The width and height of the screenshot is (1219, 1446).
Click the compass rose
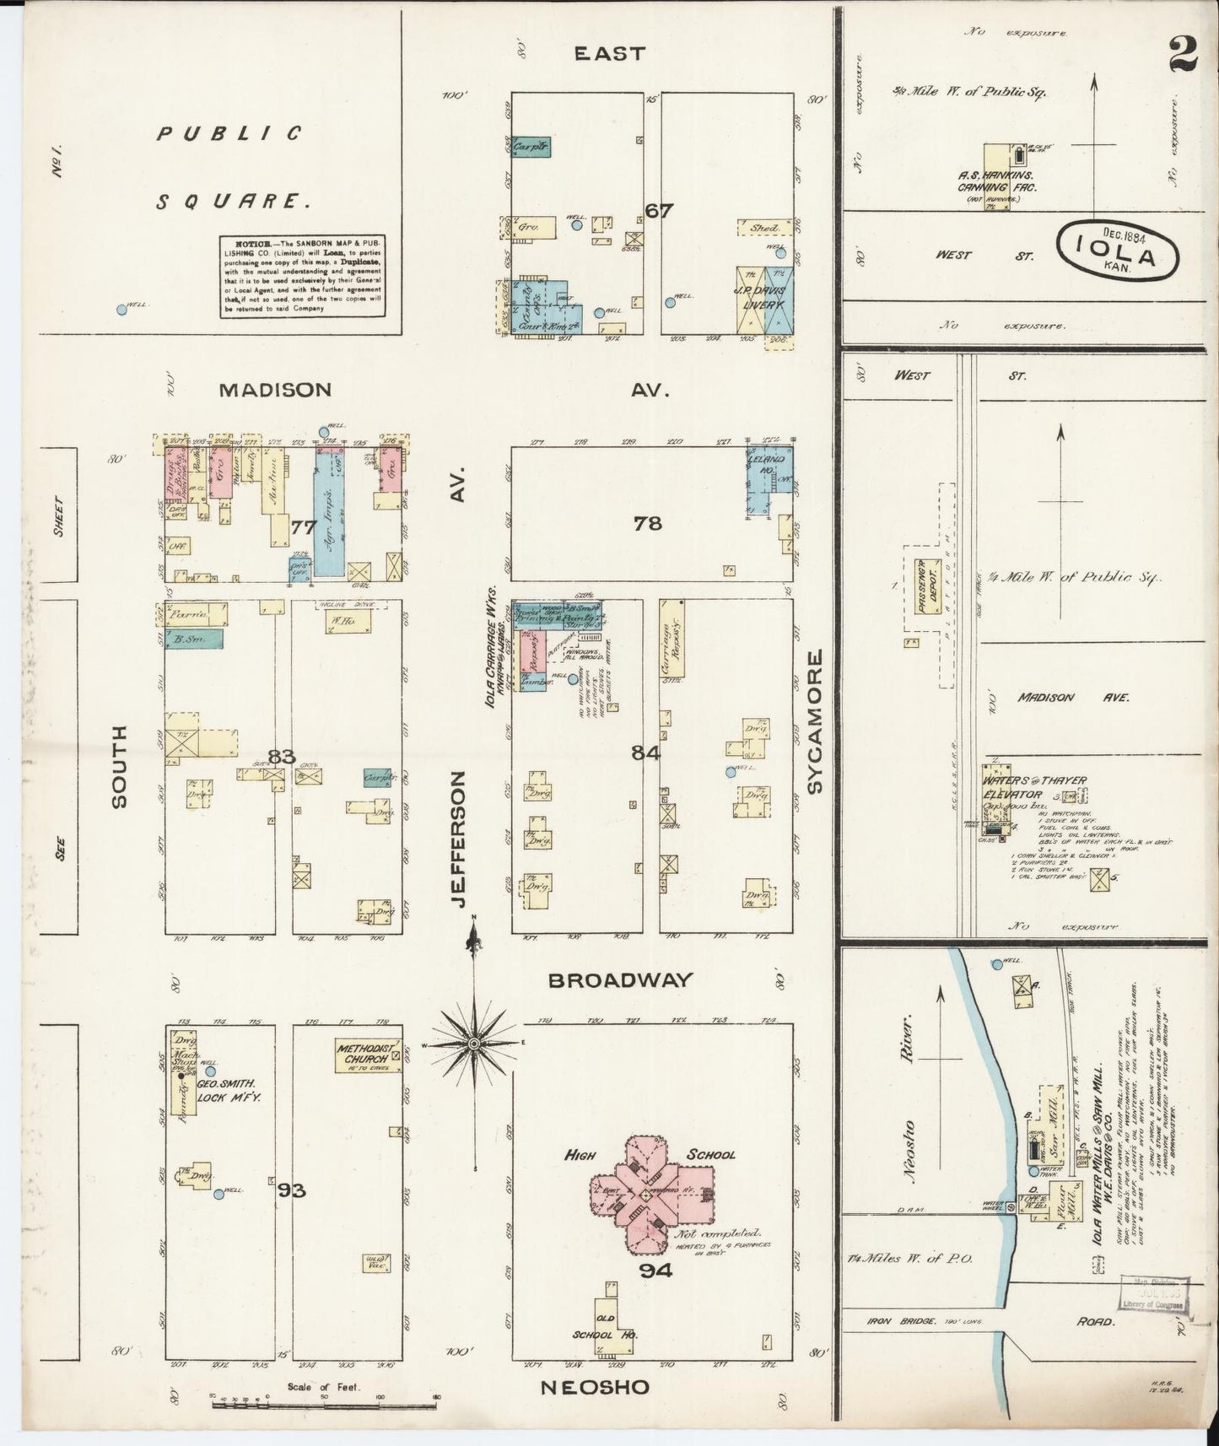475,1044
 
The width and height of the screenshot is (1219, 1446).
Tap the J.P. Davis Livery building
765,299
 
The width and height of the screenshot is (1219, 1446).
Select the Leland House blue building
769,478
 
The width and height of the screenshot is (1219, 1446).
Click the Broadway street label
619,980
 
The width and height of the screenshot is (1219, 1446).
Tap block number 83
281,756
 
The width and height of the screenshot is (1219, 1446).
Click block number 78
648,524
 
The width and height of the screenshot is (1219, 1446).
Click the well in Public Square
121,310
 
